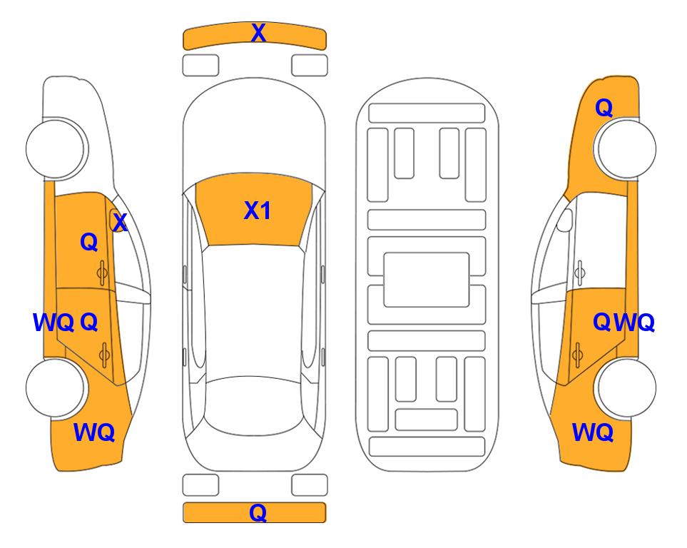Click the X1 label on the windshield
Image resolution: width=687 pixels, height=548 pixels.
(x=258, y=210)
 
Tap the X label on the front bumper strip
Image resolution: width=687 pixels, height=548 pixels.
(x=258, y=33)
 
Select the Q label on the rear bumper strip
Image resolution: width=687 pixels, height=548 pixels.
(x=258, y=512)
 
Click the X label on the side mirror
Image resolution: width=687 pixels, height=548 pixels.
(x=120, y=223)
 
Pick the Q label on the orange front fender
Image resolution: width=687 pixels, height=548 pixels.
(x=604, y=108)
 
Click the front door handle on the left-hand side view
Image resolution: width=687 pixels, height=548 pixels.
(x=102, y=273)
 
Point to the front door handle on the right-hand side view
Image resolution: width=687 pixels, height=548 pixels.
(x=580, y=273)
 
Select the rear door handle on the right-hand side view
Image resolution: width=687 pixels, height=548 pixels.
(x=577, y=355)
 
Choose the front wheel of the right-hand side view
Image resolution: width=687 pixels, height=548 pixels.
(x=626, y=148)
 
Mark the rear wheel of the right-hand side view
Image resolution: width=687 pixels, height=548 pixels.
(x=626, y=388)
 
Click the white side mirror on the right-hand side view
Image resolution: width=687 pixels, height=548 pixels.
(x=565, y=220)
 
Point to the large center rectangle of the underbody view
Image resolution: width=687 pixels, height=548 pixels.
(x=427, y=280)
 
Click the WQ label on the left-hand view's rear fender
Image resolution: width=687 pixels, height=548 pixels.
(x=94, y=432)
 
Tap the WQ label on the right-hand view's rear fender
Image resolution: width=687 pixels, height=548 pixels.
(x=593, y=432)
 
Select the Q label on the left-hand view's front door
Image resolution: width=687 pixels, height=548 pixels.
(x=89, y=242)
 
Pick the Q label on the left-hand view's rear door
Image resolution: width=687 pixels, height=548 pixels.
(x=89, y=323)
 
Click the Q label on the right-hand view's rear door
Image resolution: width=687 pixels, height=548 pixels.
(x=602, y=323)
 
